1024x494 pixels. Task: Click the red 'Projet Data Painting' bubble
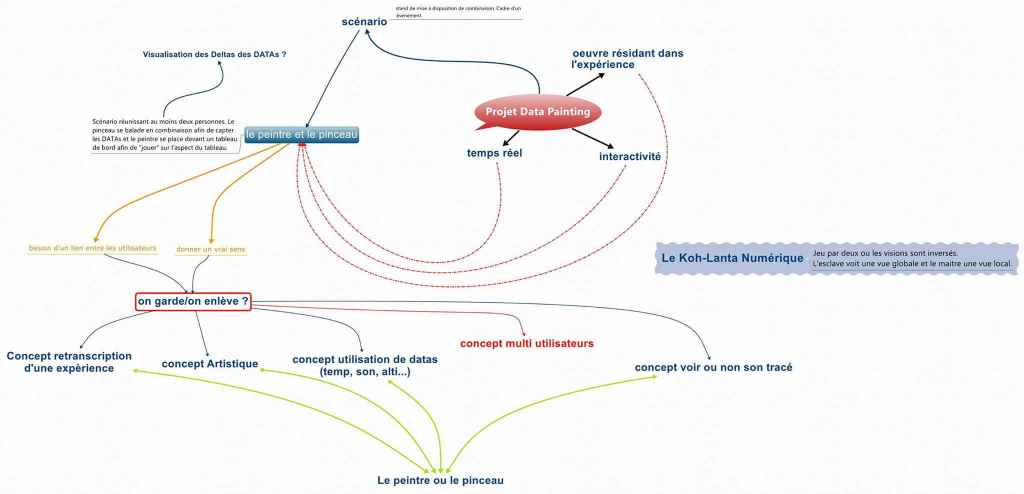(537, 112)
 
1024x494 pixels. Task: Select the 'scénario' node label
(364, 21)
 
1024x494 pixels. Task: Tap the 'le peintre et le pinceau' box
(301, 134)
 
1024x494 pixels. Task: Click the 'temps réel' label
(494, 153)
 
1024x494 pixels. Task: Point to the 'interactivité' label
(629, 156)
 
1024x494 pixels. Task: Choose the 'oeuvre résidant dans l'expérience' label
(627, 59)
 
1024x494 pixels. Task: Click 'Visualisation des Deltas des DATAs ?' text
(214, 54)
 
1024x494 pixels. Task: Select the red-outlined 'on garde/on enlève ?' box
(193, 301)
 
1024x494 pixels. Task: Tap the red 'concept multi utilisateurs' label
(526, 343)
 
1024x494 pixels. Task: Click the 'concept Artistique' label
(209, 364)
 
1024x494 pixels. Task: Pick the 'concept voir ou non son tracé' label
(713, 367)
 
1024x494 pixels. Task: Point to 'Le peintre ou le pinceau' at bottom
(440, 480)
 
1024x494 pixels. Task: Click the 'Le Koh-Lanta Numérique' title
(732, 258)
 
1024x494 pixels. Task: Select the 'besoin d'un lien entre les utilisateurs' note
(92, 248)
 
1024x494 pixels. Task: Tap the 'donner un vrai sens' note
(210, 249)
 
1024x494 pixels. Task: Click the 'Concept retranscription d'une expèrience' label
(69, 362)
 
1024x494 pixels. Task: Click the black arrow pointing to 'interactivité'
(593, 138)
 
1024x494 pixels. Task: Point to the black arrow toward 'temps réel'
(510, 138)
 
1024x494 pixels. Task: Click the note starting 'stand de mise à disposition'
(457, 12)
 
